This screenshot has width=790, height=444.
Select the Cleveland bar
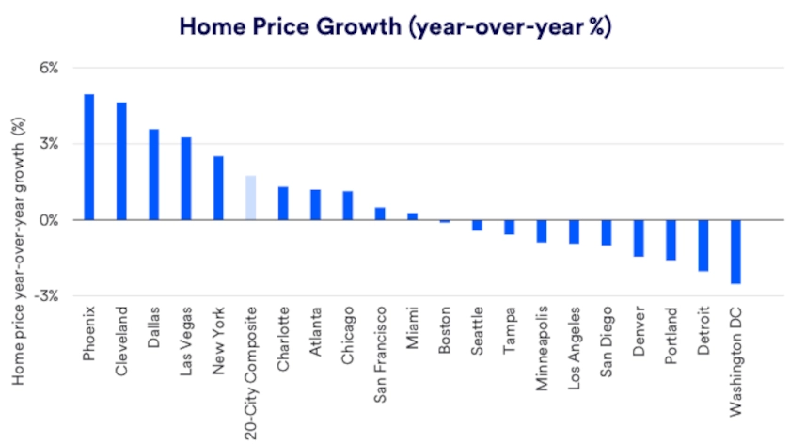[x=121, y=161]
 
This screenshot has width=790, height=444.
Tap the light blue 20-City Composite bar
[x=250, y=198]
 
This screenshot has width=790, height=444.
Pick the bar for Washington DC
[x=735, y=251]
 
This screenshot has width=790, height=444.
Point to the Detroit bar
[x=703, y=245]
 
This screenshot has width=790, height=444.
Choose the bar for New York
[x=218, y=187]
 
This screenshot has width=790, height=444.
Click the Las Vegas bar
[x=186, y=178]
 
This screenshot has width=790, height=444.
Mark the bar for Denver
[x=639, y=237]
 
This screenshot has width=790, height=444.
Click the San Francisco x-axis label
[x=380, y=350]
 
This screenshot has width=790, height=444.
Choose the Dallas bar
[x=154, y=174]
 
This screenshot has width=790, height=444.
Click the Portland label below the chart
[x=671, y=334]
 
